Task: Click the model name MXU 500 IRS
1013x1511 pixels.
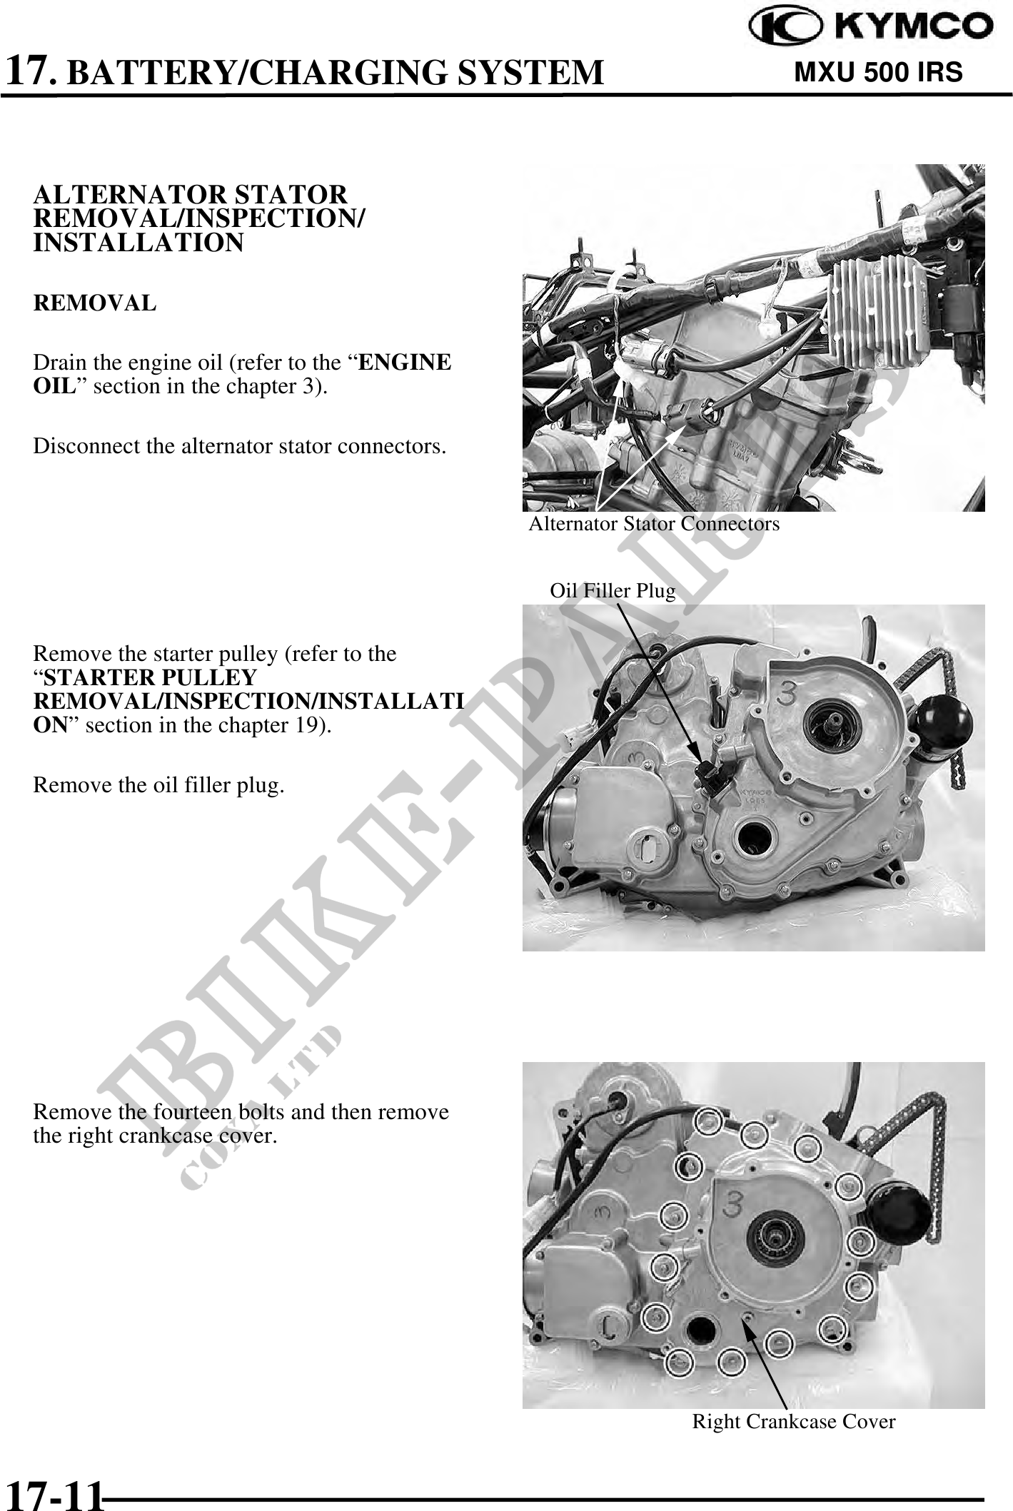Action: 878,72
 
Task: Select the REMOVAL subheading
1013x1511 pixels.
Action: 94,303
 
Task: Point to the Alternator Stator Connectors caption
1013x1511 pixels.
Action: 654,524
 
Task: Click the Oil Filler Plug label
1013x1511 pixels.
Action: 612,591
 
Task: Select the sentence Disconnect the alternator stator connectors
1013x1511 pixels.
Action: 240,447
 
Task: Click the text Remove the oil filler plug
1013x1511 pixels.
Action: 159,786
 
